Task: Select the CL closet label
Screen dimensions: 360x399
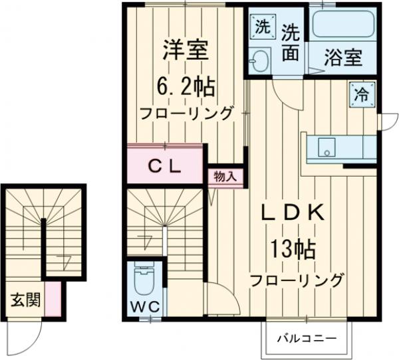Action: [164, 167]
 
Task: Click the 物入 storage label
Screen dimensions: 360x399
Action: [225, 176]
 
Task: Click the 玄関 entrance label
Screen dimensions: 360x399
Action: [25, 300]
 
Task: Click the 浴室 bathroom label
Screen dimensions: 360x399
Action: [344, 58]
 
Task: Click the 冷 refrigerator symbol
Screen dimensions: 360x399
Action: [360, 94]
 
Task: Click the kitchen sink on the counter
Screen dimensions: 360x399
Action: [327, 147]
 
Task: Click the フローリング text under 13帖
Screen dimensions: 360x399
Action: [297, 279]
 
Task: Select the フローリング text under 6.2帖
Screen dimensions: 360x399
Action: [186, 112]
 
